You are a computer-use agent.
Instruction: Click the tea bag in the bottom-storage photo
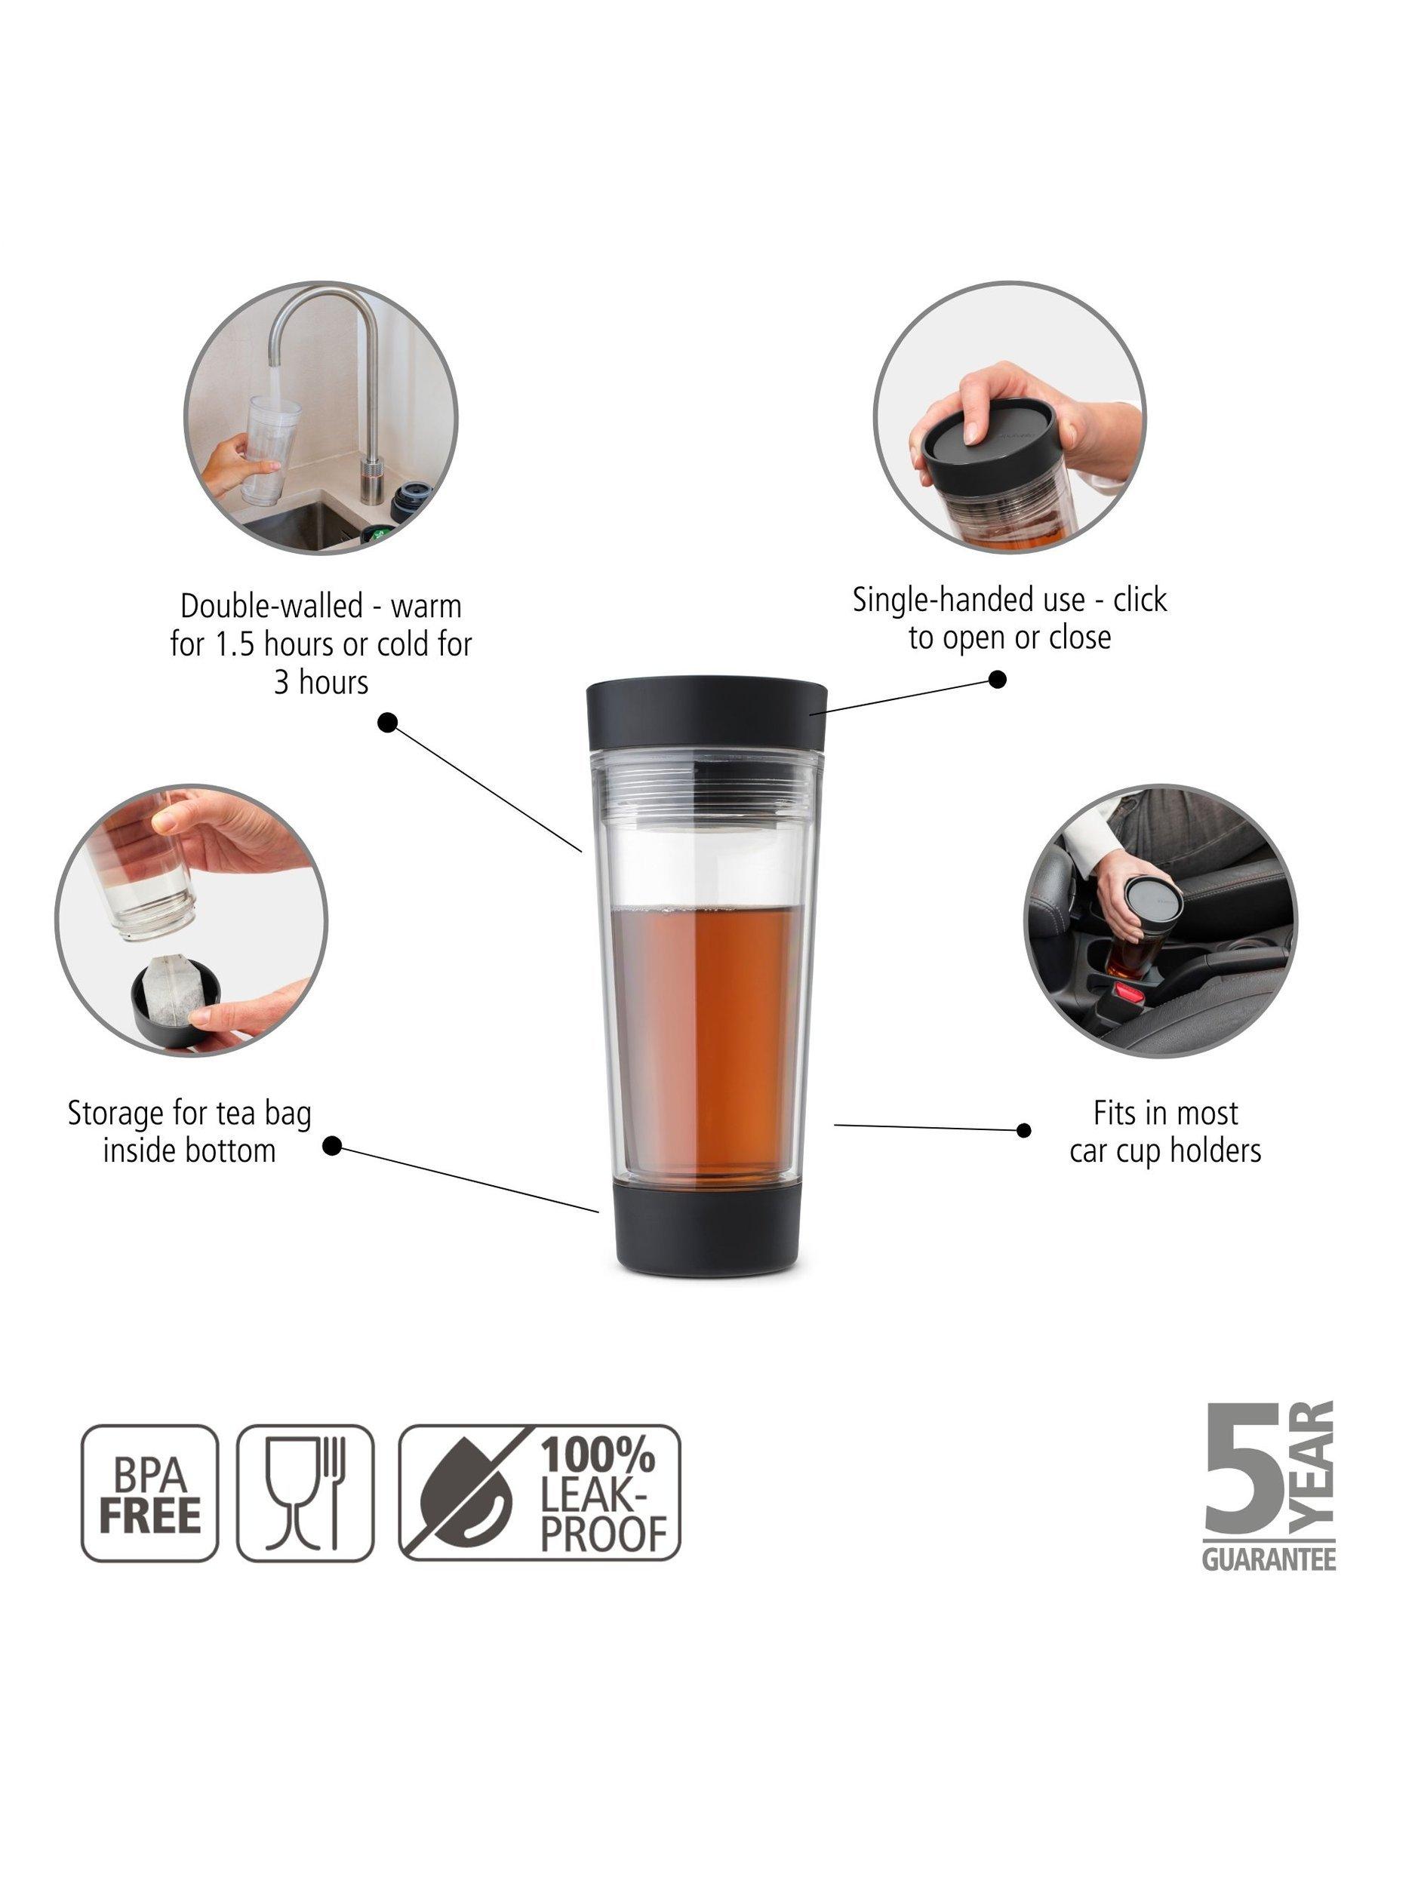178,990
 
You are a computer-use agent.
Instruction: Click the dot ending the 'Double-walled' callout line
388,723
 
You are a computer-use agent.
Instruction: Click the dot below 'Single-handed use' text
997,680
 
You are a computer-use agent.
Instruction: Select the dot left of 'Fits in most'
1024,1131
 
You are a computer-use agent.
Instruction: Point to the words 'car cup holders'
1165,1152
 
